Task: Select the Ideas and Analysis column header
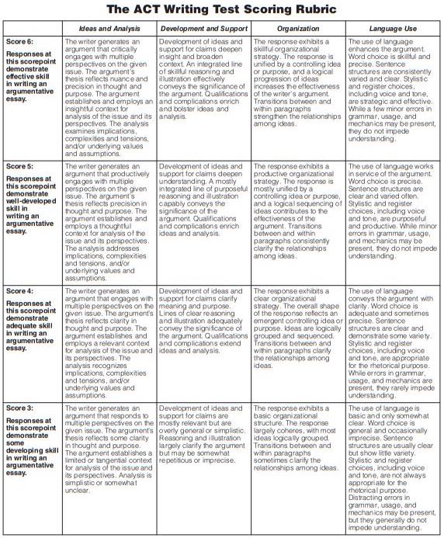point(109,27)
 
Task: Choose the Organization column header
point(297,27)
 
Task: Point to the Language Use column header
point(392,27)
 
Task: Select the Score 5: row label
point(20,167)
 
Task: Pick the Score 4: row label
point(20,292)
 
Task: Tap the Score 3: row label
point(20,408)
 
